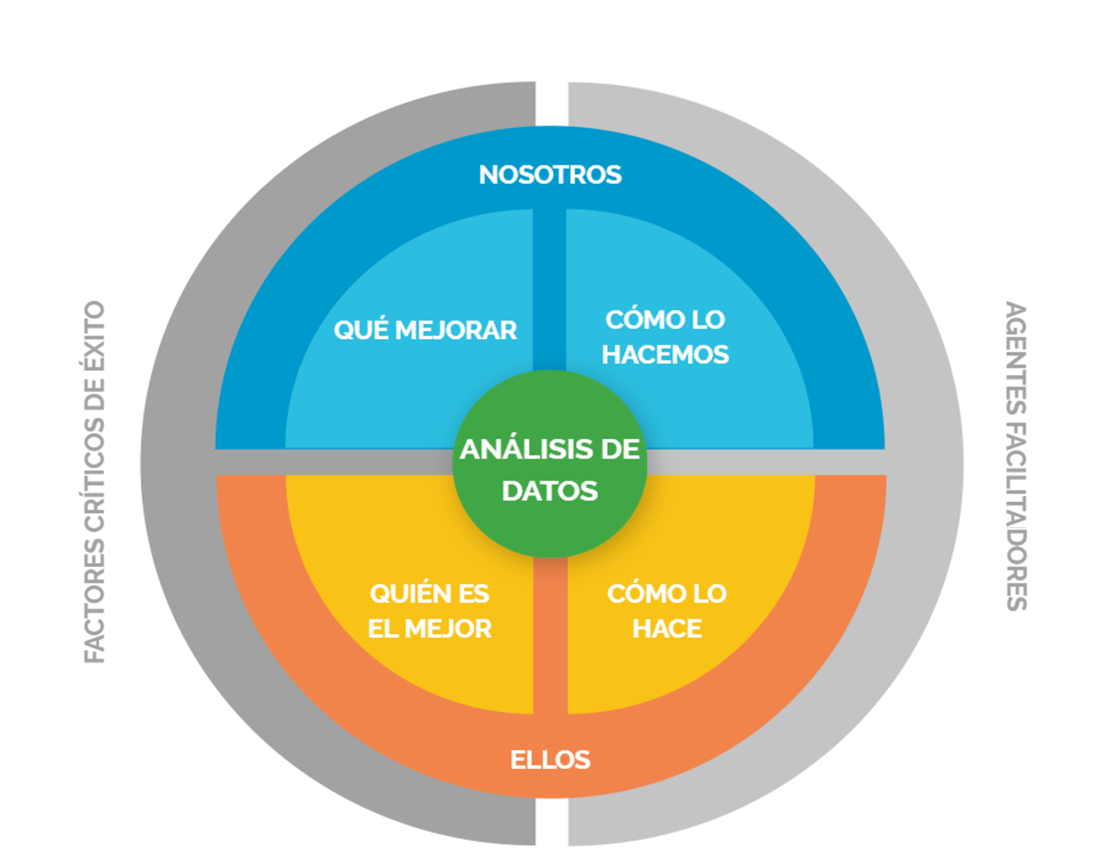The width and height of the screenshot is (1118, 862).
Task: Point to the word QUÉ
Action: click(x=360, y=330)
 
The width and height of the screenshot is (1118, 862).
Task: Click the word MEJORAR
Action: click(x=456, y=331)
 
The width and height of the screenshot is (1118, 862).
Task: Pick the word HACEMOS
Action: click(x=665, y=355)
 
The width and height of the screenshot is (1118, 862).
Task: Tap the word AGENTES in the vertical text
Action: click(x=1017, y=358)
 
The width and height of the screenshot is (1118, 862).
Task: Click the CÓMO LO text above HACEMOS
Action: click(x=665, y=320)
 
